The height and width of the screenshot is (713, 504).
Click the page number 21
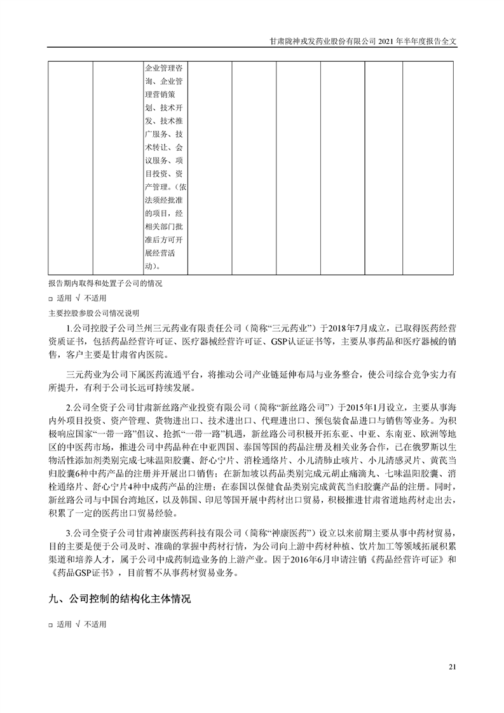pyautogui.click(x=453, y=667)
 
